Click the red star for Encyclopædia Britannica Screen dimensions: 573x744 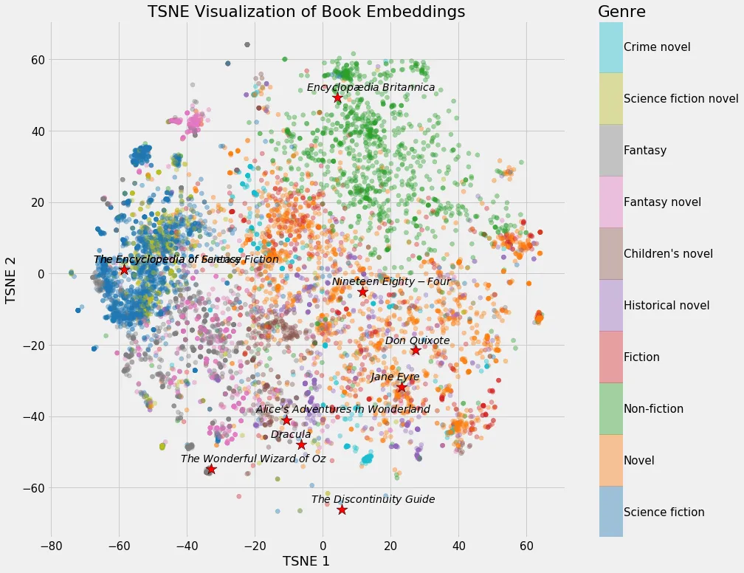[337, 98]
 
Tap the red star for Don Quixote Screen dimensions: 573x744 [416, 350]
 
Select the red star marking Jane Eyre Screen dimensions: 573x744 [402, 387]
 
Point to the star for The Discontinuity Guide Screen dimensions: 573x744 [342, 510]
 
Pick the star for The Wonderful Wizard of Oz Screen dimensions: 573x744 [211, 469]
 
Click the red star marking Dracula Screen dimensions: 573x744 [301, 445]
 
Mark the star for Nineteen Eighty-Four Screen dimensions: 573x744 [362, 292]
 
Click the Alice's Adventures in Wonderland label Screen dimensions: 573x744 [342, 409]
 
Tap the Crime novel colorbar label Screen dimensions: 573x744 [657, 47]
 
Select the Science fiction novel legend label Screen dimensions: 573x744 [681, 99]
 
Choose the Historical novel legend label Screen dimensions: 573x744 [666, 306]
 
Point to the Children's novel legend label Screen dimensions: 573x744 [668, 254]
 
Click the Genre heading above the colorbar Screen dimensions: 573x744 [621, 12]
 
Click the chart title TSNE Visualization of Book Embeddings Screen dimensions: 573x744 [306, 12]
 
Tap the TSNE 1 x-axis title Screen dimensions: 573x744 [306, 561]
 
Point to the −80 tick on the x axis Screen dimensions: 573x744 [51, 546]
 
